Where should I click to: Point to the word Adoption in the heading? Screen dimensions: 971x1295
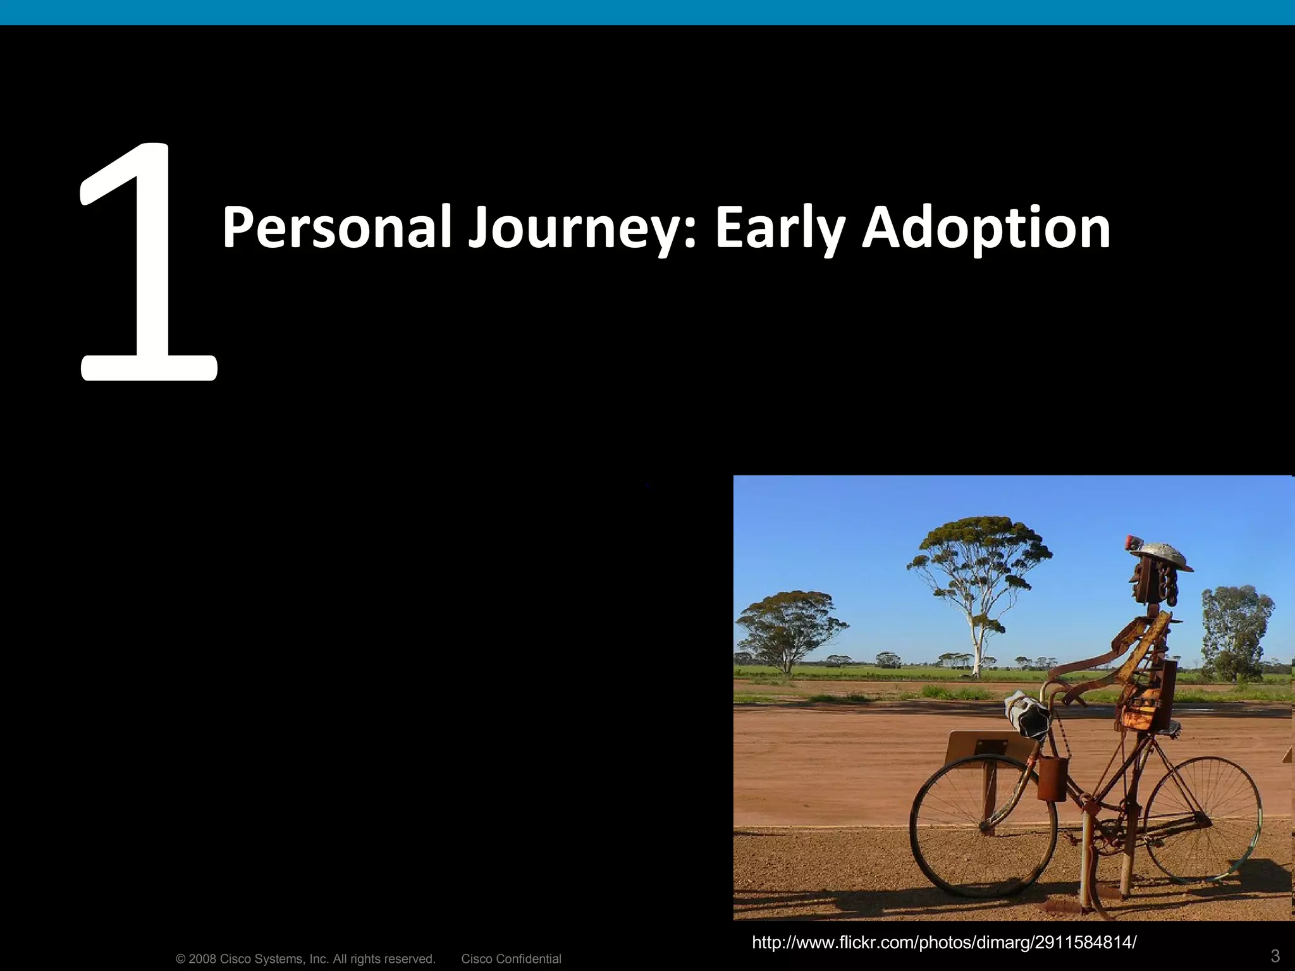click(986, 229)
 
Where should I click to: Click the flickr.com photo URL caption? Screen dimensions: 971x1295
click(944, 943)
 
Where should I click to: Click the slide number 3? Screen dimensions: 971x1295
click(1275, 955)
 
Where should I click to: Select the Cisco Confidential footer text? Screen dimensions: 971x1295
click(511, 959)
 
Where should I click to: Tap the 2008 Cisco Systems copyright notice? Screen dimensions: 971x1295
click(305, 959)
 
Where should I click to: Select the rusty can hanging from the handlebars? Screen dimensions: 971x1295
click(1052, 779)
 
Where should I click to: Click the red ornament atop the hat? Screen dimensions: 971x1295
click(1132, 542)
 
